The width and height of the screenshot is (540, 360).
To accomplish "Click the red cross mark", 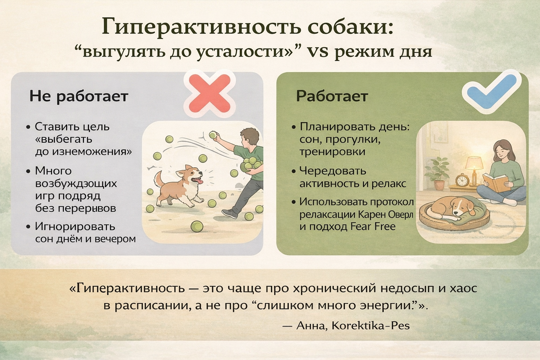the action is point(209,94).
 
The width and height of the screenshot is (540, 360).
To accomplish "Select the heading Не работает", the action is point(79,96).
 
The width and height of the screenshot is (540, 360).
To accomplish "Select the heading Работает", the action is point(332,96).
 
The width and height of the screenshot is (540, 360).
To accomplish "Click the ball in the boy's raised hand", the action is point(212,135).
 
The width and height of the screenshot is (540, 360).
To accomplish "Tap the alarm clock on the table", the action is point(462,180).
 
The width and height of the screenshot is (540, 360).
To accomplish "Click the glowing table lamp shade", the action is point(474,163).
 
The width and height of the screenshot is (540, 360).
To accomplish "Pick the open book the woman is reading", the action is point(495,182).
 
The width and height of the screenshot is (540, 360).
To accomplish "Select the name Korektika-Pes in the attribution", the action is point(371,326).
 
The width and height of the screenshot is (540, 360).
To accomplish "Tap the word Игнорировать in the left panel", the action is point(75,227).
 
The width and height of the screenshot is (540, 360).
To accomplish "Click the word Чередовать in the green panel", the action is point(333,171).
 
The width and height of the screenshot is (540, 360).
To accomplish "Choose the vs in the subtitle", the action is point(315,52).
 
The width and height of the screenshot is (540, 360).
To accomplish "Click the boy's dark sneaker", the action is point(229,213).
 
